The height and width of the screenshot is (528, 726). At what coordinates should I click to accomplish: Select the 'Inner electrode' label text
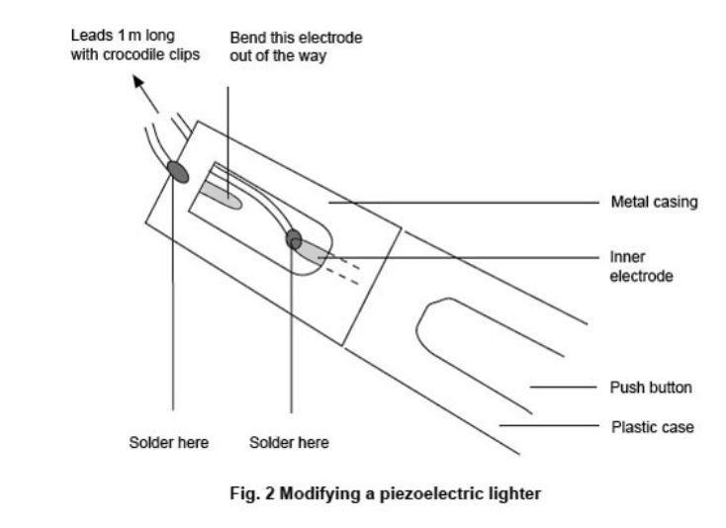click(641, 266)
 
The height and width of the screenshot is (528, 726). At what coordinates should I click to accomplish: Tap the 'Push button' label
click(650, 387)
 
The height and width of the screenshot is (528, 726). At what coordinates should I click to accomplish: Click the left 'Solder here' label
click(169, 442)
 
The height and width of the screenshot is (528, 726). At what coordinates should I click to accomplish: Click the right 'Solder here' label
click(289, 442)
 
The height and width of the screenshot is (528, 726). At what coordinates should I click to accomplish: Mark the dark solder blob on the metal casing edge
click(178, 171)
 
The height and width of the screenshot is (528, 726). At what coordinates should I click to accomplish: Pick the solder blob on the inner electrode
click(294, 238)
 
